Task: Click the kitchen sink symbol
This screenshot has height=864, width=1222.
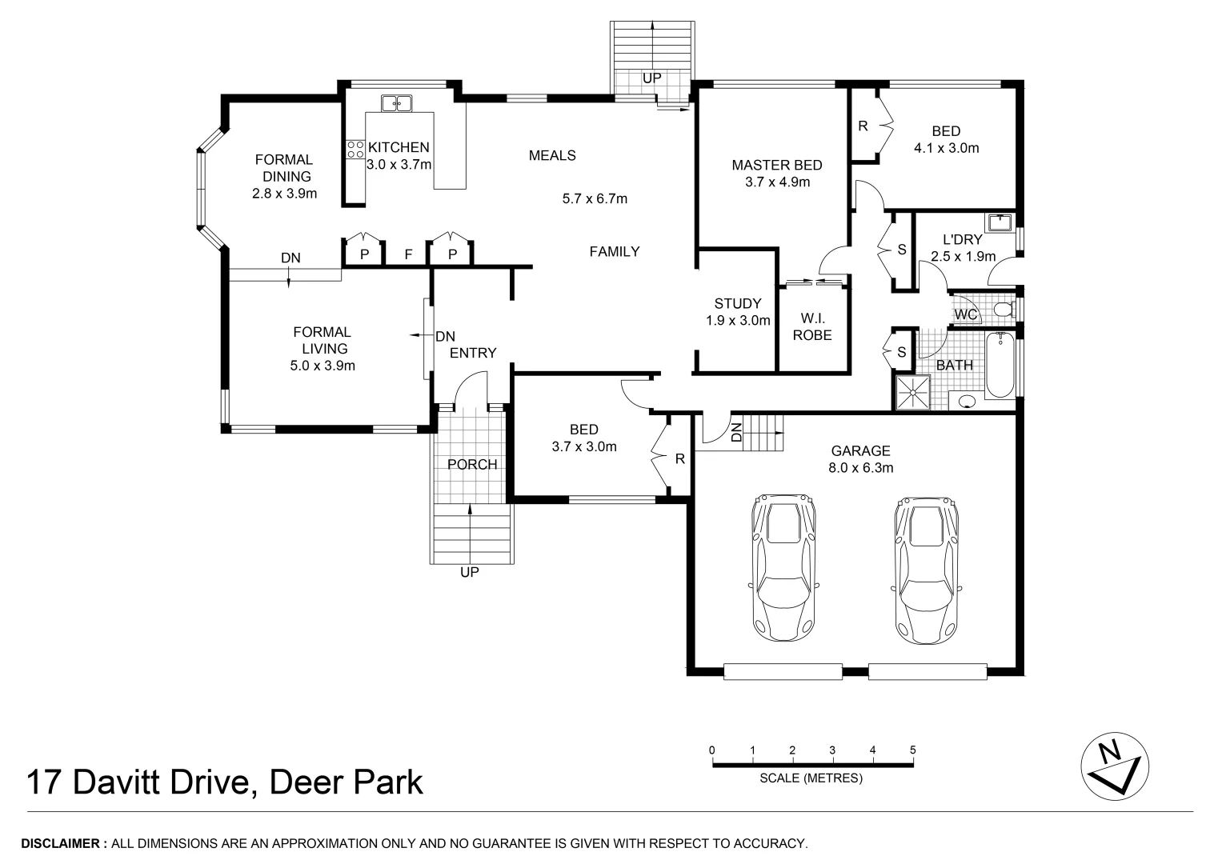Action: [397, 103]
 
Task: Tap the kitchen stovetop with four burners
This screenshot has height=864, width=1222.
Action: [355, 150]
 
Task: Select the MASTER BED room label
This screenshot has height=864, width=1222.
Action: [777, 165]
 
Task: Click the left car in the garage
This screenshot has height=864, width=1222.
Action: [783, 567]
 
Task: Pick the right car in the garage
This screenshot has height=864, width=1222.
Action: [927, 570]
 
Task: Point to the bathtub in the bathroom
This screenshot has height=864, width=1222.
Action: [1000, 364]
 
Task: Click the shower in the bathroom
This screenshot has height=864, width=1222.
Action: [911, 392]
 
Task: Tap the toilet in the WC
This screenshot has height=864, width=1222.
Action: [1005, 310]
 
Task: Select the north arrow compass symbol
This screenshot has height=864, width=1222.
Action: [1115, 766]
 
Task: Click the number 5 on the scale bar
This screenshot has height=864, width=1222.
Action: [912, 750]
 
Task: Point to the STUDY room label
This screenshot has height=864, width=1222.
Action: [738, 303]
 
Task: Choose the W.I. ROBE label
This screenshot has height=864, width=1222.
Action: [812, 326]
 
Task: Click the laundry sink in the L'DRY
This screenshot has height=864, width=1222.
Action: [1000, 222]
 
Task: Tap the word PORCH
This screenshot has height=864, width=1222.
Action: [472, 464]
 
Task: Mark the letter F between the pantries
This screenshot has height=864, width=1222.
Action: [408, 254]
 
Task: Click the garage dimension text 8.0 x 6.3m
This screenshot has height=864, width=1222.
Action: [861, 467]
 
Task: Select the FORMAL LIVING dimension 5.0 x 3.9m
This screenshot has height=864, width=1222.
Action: [323, 366]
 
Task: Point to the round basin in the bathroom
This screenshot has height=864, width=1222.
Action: [967, 402]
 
